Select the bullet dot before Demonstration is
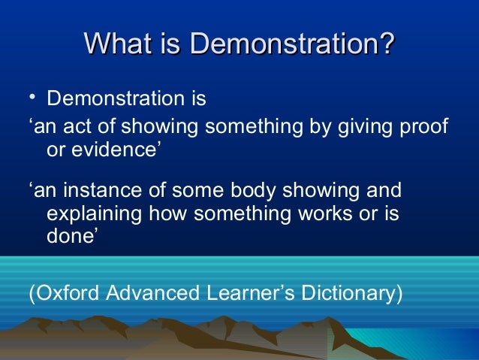32,98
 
